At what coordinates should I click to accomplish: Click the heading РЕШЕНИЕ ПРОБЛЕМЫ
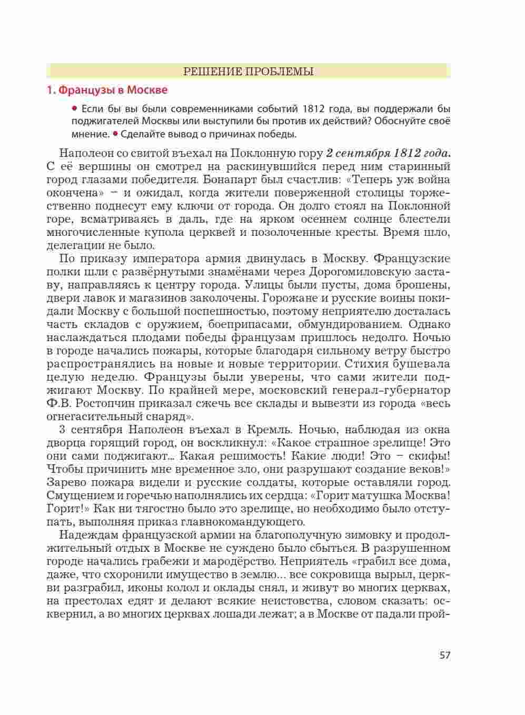tap(248, 72)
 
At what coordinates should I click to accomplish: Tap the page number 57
tap(445, 656)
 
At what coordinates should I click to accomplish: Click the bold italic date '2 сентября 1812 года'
tap(389, 154)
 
